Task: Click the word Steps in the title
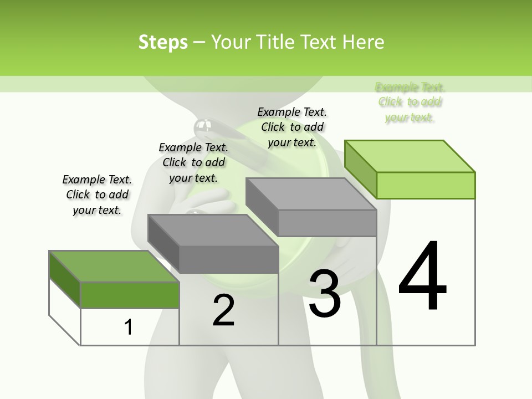coord(163,42)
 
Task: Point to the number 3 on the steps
coord(325,294)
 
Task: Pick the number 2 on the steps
coord(223,310)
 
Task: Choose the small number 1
coord(129,327)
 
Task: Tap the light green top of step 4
coord(410,156)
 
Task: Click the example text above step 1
coord(97,195)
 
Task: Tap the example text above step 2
coord(193,162)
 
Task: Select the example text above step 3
coord(292,127)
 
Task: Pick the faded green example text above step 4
coord(410,102)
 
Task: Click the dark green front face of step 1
coord(130,295)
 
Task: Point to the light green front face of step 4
coord(426,185)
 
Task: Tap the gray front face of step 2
coord(228,259)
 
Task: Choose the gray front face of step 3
coord(327,223)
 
